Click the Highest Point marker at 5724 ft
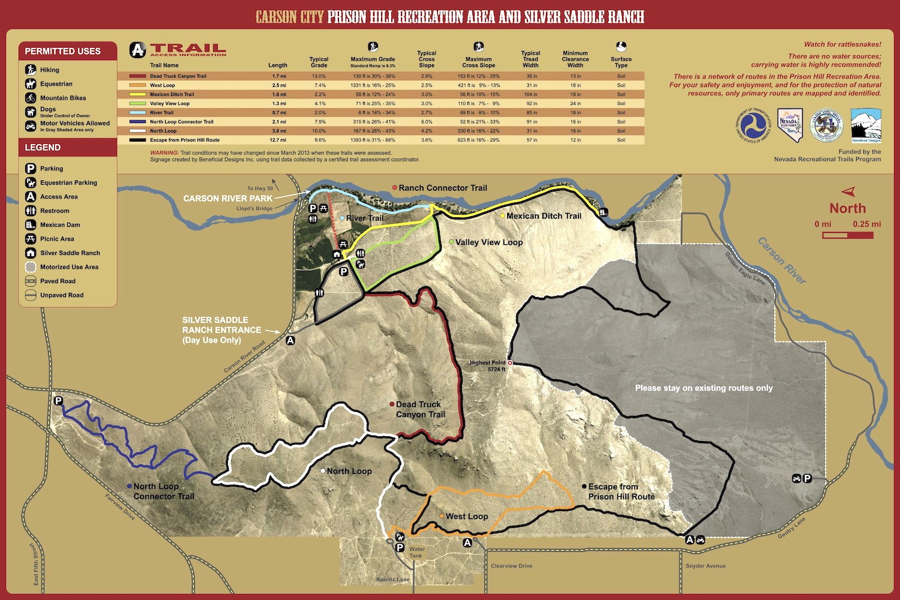point(510,363)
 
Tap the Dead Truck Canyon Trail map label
point(420,409)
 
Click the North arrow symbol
point(848,192)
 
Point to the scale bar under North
point(847,235)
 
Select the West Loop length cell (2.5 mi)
point(279,85)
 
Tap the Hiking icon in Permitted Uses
point(31,70)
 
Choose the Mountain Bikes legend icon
point(31,98)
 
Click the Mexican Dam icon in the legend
point(31,225)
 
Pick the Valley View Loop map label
point(488,242)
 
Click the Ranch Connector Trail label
point(443,188)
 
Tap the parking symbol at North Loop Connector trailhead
point(58,401)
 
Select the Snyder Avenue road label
point(706,566)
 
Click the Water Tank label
point(416,552)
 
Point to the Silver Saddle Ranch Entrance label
point(221,330)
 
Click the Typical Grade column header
point(319,62)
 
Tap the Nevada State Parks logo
point(790,125)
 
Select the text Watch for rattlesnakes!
point(842,44)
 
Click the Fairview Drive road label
point(120,507)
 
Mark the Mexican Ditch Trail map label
point(544,216)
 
